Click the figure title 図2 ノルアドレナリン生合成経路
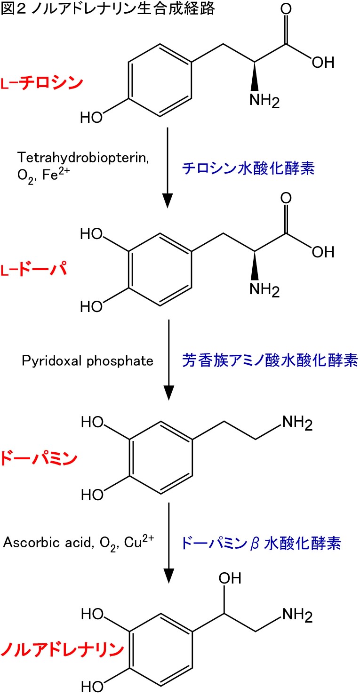click(108, 9)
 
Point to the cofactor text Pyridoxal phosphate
click(88, 361)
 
